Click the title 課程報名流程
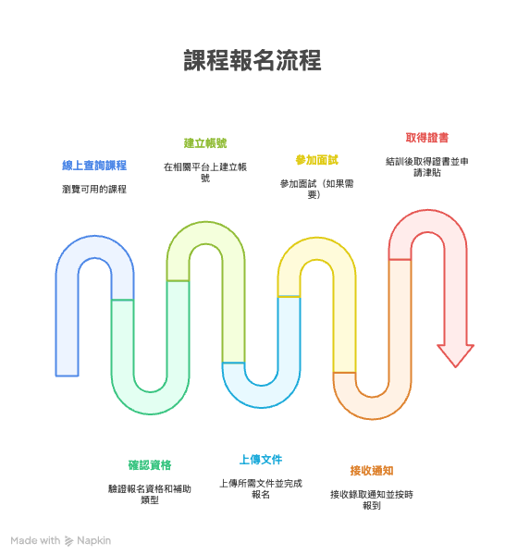click(x=252, y=60)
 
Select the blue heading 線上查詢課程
click(x=94, y=166)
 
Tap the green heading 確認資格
click(x=150, y=464)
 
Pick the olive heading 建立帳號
click(x=205, y=143)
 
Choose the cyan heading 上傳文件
click(x=261, y=460)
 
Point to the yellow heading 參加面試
click(x=317, y=160)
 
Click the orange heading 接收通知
click(x=372, y=471)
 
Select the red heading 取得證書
click(x=427, y=138)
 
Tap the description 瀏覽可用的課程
click(x=94, y=190)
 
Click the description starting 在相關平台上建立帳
click(x=205, y=172)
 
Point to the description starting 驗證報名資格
click(x=150, y=495)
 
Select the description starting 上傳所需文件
click(x=261, y=488)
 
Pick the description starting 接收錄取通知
click(x=372, y=499)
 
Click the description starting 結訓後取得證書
click(x=427, y=167)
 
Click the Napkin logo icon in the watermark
click(x=68, y=541)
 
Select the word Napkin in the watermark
click(x=93, y=541)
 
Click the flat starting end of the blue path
click(x=67, y=376)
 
